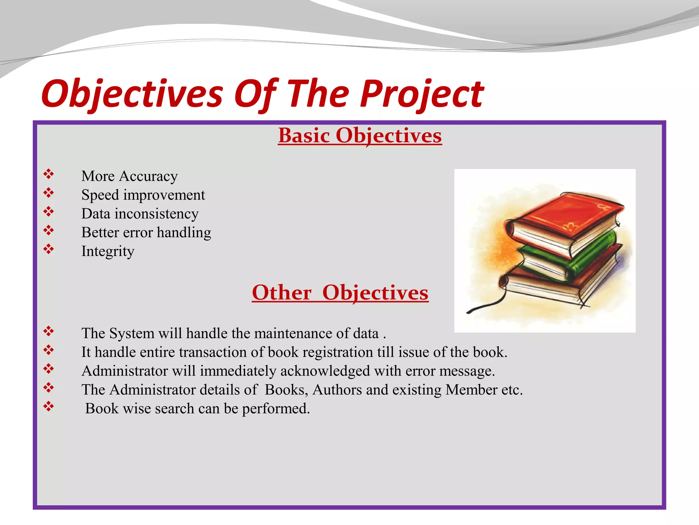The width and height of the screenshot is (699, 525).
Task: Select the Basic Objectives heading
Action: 360,135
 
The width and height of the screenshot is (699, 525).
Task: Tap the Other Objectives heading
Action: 340,293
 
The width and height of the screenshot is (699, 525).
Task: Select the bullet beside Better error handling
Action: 48,230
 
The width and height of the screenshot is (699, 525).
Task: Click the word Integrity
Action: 108,252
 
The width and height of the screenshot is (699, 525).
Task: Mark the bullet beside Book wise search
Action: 48,406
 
